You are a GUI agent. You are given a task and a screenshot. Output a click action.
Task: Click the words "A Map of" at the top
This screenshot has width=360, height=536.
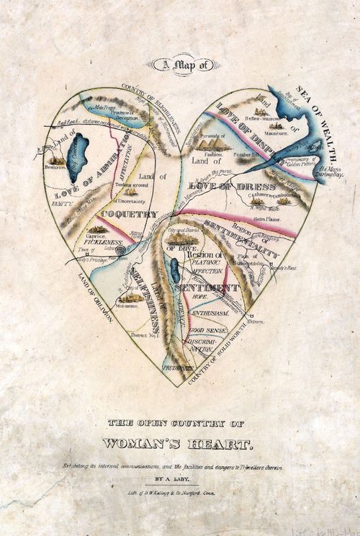tap(179, 67)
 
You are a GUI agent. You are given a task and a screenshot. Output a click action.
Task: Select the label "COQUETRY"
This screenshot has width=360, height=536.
tap(130, 214)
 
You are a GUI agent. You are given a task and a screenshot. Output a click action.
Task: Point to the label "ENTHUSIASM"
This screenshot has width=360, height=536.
tap(209, 315)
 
